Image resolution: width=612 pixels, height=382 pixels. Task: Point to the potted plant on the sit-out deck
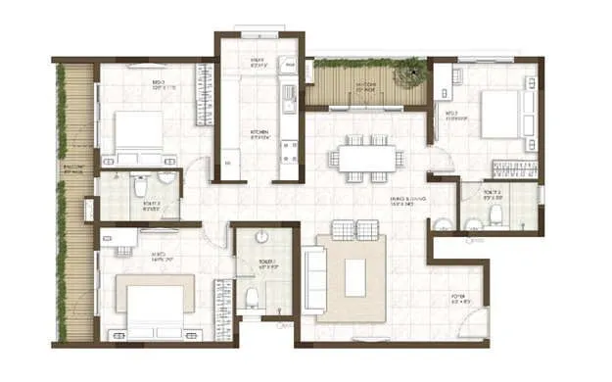pyautogui.click(x=402, y=70)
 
